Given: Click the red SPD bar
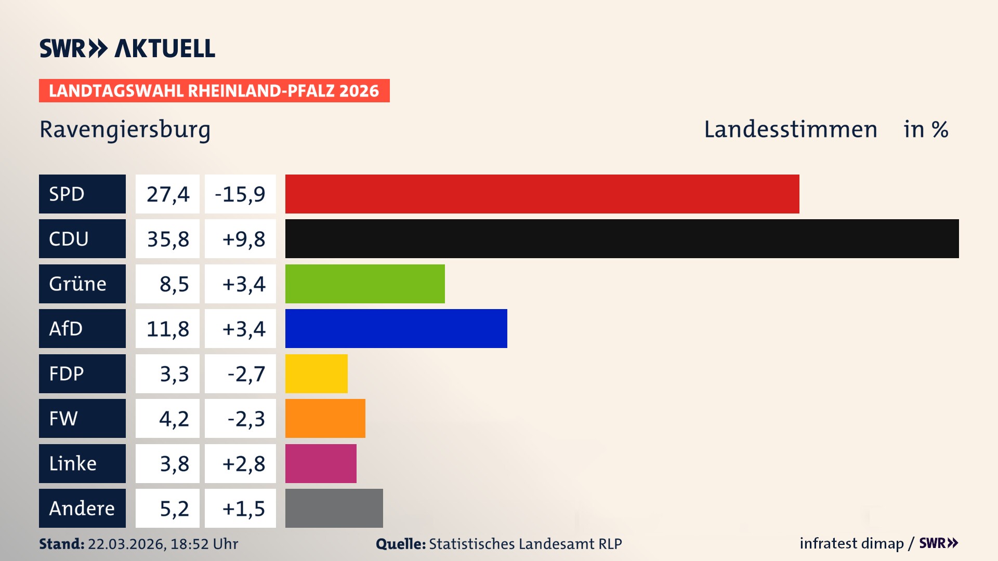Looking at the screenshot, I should coord(542,194).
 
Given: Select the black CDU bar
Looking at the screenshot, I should coord(622,238).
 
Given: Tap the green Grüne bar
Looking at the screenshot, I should coord(365,284).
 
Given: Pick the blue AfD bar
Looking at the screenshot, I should coord(396,328).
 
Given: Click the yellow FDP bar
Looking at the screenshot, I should coord(316,373).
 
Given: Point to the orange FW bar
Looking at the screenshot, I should coord(325,418).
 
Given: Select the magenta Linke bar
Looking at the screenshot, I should coord(321,463).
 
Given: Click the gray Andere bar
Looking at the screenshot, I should coord(334,508).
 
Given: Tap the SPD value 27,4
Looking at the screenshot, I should coord(167,194).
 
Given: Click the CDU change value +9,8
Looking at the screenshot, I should coord(243,239).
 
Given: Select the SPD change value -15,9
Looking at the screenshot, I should coord(240,194).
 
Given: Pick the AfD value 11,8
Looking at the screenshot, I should coord(167,329).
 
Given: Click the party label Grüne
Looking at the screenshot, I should coord(78,284).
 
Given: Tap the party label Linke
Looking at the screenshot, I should coord(73,463).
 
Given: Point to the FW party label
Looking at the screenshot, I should coord(63,418).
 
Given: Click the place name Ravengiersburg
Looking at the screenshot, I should coord(125,130).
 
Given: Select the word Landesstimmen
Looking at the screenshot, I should coord(790,129).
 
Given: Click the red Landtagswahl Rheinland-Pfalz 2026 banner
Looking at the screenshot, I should coord(214,90).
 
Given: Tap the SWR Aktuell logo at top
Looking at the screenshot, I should coord(127,48).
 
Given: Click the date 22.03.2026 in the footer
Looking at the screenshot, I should coord(126,544).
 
